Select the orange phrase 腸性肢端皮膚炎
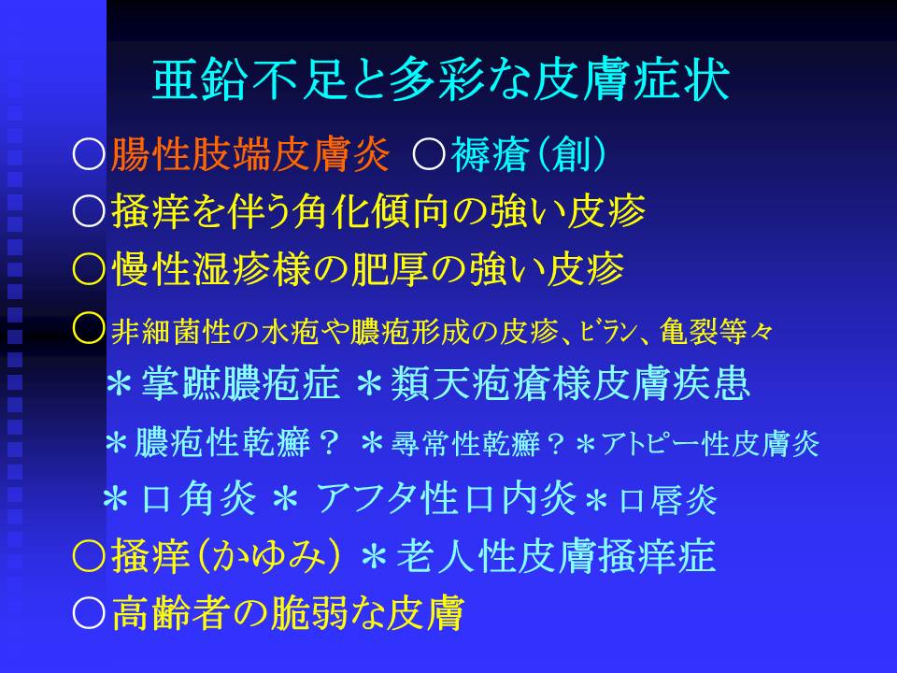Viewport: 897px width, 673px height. (250, 154)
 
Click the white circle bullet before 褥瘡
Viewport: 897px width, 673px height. (429, 154)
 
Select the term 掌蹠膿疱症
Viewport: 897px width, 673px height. (240, 383)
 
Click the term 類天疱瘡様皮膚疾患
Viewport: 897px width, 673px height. (570, 383)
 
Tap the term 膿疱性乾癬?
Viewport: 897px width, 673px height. (236, 443)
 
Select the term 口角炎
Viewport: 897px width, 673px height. (198, 498)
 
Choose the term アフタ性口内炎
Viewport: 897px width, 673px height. (447, 498)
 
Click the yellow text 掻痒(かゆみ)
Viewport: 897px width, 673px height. (226, 555)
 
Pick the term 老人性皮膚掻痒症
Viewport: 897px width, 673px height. (555, 555)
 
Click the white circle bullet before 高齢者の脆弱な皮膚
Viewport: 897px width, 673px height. (90, 613)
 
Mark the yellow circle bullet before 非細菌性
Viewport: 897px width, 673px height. (90, 328)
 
